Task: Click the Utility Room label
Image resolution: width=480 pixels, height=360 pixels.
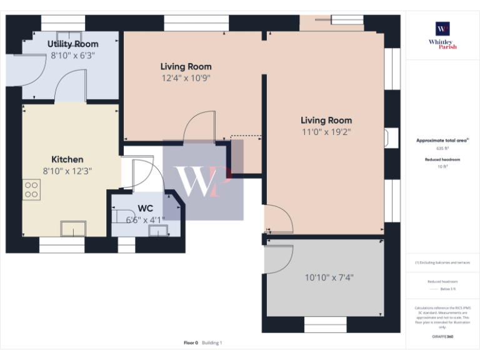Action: coord(73,44)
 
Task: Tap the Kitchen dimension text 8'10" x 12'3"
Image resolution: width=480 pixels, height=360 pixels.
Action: coord(67,171)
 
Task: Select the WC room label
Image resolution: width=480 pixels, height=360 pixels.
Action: coord(145,208)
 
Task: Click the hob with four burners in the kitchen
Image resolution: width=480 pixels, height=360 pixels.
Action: coord(31,189)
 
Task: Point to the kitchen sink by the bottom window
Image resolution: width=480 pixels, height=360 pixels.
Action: coord(73,229)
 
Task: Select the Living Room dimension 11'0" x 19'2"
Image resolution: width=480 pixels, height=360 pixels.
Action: coord(326,132)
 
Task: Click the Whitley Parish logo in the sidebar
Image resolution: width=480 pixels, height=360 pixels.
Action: coord(442,34)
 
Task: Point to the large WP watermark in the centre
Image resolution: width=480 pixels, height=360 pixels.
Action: coord(202,181)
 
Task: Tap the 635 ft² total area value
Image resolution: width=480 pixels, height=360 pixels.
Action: coord(442,149)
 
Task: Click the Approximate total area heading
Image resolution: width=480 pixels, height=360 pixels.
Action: coord(442,141)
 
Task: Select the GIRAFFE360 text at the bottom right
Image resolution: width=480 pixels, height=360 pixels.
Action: coord(442,337)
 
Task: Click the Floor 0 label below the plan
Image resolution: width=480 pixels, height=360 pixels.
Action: coord(191,342)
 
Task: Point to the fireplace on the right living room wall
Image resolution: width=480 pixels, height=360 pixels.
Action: coord(391,138)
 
